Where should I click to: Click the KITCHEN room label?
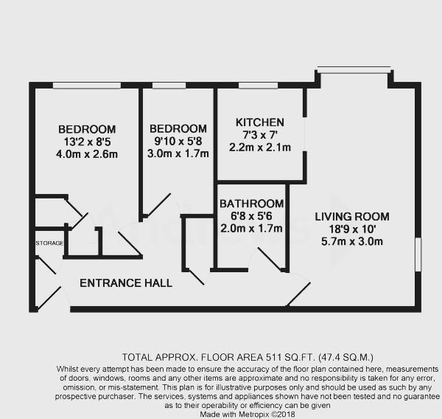coord(259,122)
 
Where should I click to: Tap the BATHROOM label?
coord(252,204)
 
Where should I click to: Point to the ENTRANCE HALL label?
coord(126,283)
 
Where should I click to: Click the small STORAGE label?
coord(48,243)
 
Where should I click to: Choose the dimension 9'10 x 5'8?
coord(176,142)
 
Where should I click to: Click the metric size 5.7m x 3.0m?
coord(351,241)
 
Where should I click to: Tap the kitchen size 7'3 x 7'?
coord(259,135)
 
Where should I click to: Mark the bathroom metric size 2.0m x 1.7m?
coord(252,229)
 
